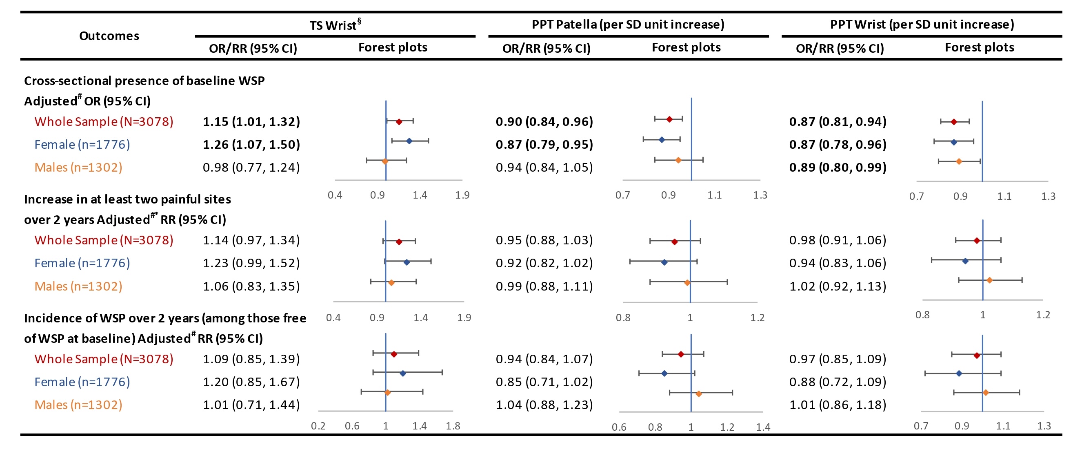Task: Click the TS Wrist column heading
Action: coord(335,25)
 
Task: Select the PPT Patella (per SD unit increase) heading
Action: coord(628,25)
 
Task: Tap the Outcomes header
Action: coord(109,36)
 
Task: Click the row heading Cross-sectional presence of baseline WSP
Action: coord(144,81)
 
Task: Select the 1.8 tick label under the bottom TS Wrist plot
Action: coord(453,426)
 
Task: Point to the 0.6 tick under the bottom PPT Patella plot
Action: coord(619,427)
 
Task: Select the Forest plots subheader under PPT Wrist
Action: coord(979,47)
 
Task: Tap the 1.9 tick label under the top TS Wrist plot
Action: coord(462,195)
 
